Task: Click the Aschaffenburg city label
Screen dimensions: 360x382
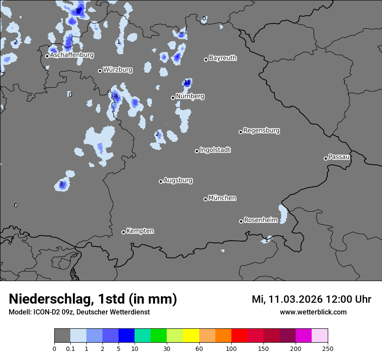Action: click(x=72, y=55)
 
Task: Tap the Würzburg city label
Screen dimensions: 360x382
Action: click(x=118, y=70)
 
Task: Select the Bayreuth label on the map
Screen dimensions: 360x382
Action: click(x=223, y=58)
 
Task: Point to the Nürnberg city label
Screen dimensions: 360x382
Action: click(x=190, y=96)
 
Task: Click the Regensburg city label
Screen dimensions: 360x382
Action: click(x=261, y=131)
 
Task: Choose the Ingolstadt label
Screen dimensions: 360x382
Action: click(x=215, y=150)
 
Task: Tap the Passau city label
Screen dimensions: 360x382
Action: click(x=339, y=157)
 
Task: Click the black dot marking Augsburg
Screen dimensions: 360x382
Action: click(x=161, y=181)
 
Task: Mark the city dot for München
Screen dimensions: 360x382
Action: click(x=205, y=199)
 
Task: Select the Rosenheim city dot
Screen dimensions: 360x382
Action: click(x=241, y=221)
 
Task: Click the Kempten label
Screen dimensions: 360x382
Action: click(x=140, y=231)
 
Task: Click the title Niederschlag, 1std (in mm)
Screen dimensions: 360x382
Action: click(x=93, y=299)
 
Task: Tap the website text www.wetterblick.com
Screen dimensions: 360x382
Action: click(x=313, y=312)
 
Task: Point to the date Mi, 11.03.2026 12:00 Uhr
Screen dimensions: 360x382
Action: click(x=311, y=299)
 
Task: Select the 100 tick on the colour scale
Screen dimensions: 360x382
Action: click(x=231, y=348)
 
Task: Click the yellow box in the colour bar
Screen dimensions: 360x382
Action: click(x=191, y=336)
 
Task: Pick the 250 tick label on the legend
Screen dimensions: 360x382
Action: click(x=327, y=348)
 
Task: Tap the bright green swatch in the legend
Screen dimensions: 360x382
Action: click(x=159, y=336)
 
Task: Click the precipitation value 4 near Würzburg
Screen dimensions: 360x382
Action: click(x=116, y=96)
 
